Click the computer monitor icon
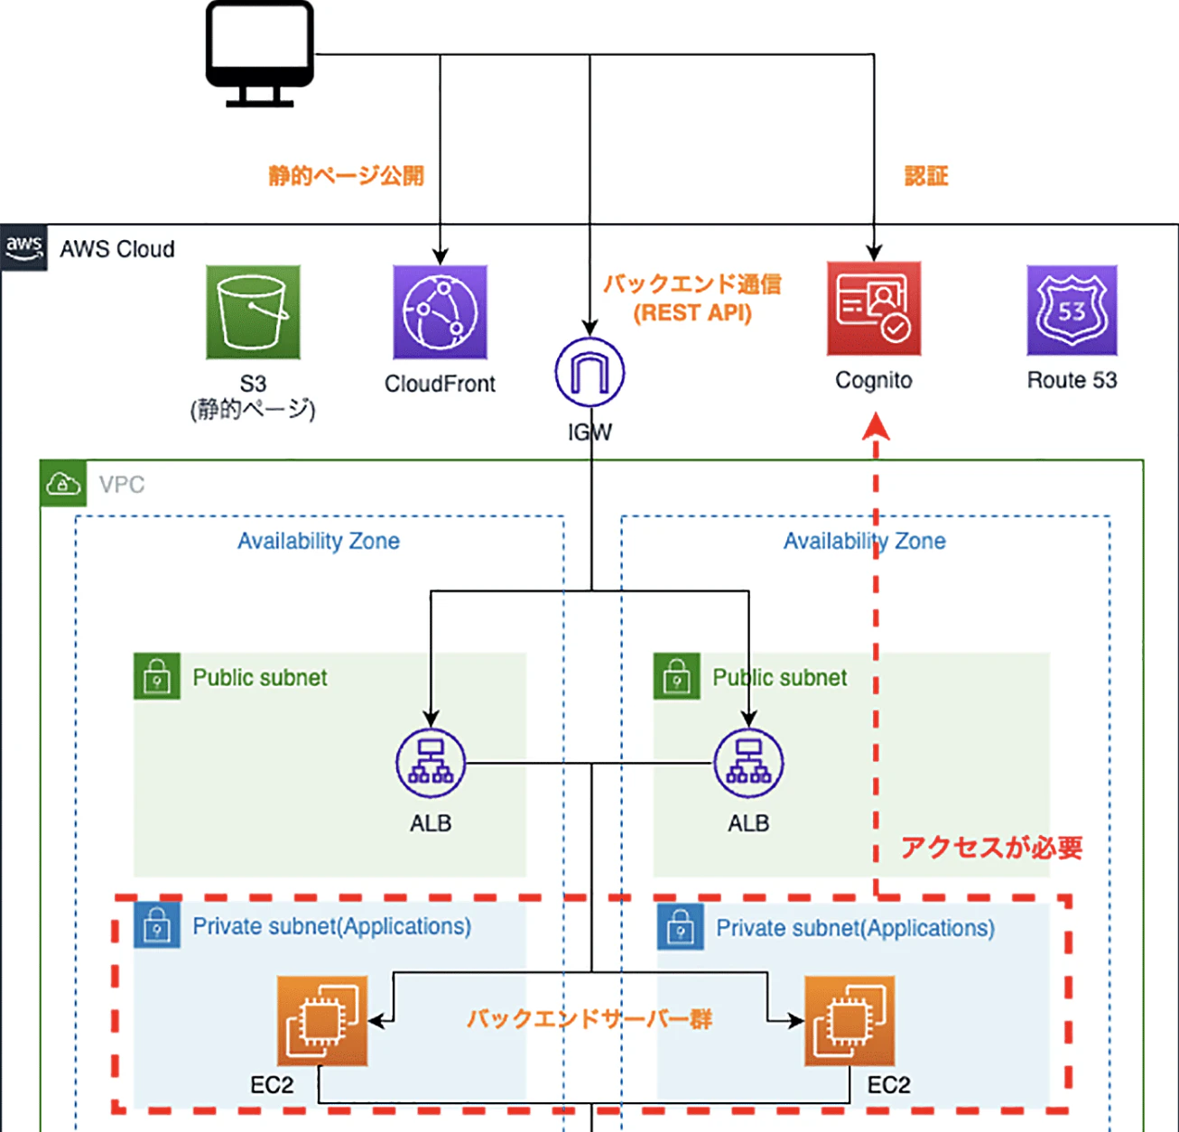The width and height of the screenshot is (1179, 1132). (x=259, y=52)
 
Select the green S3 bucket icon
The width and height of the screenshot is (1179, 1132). (x=253, y=312)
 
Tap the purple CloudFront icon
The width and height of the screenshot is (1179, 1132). (x=440, y=312)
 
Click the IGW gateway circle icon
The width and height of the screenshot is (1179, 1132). (x=589, y=372)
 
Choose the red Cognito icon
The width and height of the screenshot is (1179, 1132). (x=874, y=309)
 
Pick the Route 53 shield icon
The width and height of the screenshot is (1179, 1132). (x=1072, y=311)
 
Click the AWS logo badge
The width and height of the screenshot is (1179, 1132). (x=24, y=247)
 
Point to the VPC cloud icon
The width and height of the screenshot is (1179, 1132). (x=63, y=484)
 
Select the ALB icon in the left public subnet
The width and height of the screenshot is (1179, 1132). (x=431, y=764)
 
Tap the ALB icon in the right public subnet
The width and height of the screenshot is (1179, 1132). (x=748, y=764)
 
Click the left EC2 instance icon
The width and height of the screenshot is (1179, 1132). (x=322, y=1021)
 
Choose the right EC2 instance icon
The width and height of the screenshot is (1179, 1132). (x=849, y=1021)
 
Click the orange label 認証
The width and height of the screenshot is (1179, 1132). (x=926, y=176)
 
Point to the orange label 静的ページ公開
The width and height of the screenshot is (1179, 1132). (x=346, y=175)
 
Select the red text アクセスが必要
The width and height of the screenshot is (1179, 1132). (x=991, y=848)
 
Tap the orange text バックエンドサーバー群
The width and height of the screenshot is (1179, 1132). (x=589, y=1019)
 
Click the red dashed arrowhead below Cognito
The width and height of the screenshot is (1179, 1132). (x=875, y=426)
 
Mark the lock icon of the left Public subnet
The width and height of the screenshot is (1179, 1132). (x=157, y=676)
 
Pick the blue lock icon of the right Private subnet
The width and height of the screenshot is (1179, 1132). (x=681, y=926)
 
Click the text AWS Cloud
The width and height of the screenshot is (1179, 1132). (x=117, y=249)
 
